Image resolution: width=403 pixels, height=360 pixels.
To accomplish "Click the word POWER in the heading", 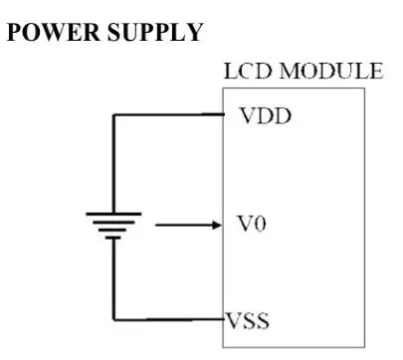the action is click(x=53, y=32).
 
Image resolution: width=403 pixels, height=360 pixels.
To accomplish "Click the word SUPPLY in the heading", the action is click(x=155, y=32).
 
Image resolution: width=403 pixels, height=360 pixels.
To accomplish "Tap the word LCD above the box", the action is click(x=248, y=71).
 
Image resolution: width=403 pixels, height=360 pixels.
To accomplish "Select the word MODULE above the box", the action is click(x=331, y=71).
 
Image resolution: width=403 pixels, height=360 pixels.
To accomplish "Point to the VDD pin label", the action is click(x=266, y=115).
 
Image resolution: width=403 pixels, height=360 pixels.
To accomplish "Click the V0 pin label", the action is click(x=252, y=224).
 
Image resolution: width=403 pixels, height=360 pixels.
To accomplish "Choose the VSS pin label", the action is click(x=248, y=321).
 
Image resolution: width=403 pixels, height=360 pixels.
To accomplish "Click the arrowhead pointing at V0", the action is click(x=216, y=225).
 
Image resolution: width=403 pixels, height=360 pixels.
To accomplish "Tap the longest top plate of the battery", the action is click(x=113, y=214).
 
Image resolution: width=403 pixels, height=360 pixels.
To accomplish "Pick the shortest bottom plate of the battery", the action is click(x=113, y=238).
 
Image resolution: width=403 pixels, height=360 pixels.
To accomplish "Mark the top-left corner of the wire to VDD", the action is click(x=113, y=115).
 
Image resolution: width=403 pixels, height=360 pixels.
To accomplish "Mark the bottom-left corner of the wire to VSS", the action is click(x=113, y=320).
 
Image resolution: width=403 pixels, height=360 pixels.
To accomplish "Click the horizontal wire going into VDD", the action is click(x=169, y=114).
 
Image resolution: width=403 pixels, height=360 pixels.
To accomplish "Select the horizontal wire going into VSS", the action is click(x=169, y=319).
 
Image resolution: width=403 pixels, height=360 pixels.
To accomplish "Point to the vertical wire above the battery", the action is click(x=113, y=164).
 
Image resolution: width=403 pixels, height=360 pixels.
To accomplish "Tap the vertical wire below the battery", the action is click(x=113, y=279).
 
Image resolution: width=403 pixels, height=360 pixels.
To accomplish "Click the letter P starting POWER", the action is click(x=14, y=32).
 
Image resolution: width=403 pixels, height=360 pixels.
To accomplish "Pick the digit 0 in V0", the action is click(x=260, y=224).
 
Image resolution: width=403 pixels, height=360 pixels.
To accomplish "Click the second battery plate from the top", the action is click(x=113, y=222).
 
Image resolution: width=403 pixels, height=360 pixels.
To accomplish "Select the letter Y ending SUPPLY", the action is click(x=194, y=32).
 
